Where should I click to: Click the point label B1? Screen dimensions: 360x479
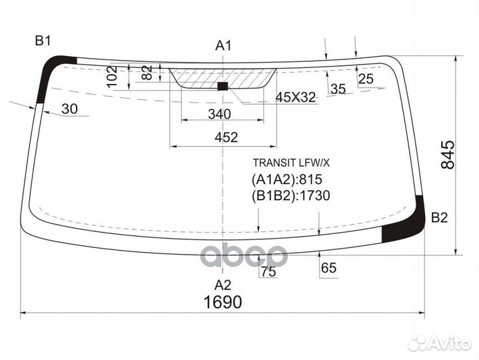(43, 41)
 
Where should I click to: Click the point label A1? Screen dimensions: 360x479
(223, 45)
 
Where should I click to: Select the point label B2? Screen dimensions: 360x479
(439, 217)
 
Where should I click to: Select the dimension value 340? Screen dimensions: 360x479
(219, 114)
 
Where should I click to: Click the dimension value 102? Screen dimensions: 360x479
(113, 77)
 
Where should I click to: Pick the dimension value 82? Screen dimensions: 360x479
(148, 73)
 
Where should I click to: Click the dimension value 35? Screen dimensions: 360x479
(338, 89)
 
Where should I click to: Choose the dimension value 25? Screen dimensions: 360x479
(366, 80)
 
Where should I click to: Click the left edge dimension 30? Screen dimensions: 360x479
(69, 109)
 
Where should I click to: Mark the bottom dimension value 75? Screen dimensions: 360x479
(268, 271)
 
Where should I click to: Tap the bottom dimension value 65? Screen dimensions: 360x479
(328, 268)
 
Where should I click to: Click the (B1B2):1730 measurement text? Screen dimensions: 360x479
(291, 195)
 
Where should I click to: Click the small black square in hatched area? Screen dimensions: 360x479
(223, 85)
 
